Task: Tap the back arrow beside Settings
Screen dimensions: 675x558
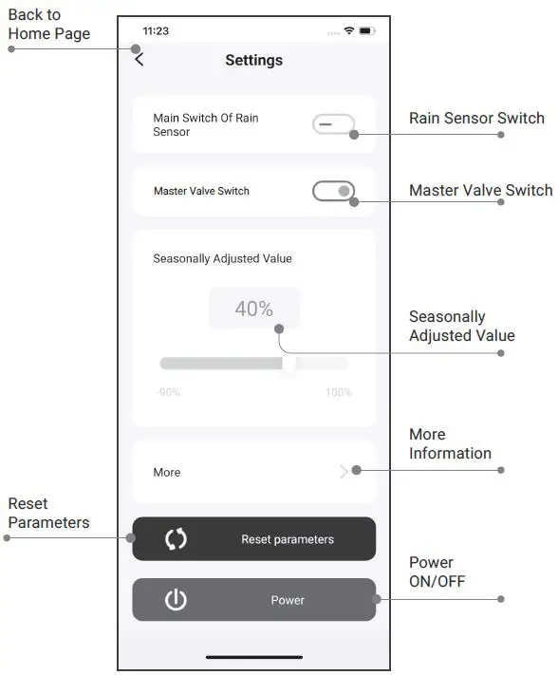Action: [139, 60]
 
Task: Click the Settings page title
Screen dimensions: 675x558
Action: [253, 60]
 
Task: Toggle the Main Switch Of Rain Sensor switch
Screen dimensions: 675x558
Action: [333, 124]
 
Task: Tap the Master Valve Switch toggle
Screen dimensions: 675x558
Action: [333, 191]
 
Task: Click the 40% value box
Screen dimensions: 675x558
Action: [253, 309]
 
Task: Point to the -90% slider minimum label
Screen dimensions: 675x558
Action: [168, 392]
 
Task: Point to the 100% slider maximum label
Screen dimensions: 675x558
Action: [339, 392]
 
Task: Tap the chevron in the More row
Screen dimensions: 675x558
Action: [344, 471]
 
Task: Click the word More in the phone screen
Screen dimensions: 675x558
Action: [167, 472]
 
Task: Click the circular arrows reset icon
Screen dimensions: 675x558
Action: [176, 539]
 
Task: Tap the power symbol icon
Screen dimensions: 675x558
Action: [176, 600]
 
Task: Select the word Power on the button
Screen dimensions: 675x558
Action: [288, 600]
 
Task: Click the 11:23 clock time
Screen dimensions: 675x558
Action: [156, 31]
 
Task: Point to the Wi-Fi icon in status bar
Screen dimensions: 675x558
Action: [349, 31]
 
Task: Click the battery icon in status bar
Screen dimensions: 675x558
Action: [367, 31]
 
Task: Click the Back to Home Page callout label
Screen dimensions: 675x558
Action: [49, 25]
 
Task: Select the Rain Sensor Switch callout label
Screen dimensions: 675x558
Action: [476, 118]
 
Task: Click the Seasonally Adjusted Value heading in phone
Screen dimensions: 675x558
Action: [222, 258]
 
